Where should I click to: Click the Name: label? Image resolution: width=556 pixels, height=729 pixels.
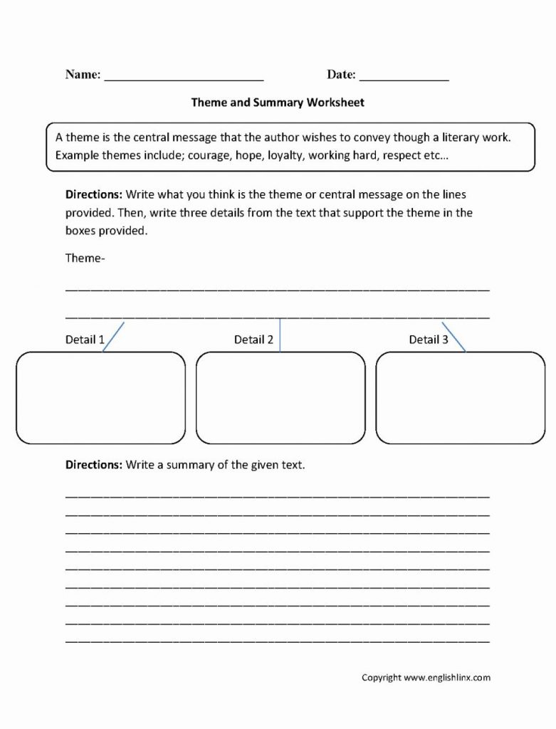pyautogui.click(x=83, y=75)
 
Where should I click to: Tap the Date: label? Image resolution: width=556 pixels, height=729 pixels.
pyautogui.click(x=342, y=75)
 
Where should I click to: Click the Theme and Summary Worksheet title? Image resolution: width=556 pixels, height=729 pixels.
pyautogui.click(x=278, y=103)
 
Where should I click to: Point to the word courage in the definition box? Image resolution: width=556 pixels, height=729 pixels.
pyautogui.click(x=211, y=155)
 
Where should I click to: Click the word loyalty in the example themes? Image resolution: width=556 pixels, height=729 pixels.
pyautogui.click(x=285, y=155)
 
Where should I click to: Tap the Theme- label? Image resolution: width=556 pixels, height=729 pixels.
pyautogui.click(x=85, y=258)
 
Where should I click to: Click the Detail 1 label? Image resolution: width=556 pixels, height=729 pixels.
pyautogui.click(x=85, y=340)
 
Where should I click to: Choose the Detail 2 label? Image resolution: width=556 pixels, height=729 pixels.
pyautogui.click(x=253, y=340)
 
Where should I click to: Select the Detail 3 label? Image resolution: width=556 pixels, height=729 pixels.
pyautogui.click(x=429, y=340)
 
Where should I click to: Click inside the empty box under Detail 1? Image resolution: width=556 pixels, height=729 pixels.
pyautogui.click(x=100, y=397)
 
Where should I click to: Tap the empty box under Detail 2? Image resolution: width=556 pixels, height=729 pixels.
pyautogui.click(x=280, y=397)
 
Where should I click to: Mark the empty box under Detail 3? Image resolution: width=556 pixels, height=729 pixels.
pyautogui.click(x=460, y=397)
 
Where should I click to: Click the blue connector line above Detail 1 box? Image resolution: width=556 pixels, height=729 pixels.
pyautogui.click(x=114, y=336)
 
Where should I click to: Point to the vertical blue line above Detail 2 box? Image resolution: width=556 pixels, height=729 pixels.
pyautogui.click(x=280, y=335)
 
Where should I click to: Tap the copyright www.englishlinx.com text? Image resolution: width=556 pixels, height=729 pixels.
pyautogui.click(x=426, y=678)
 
